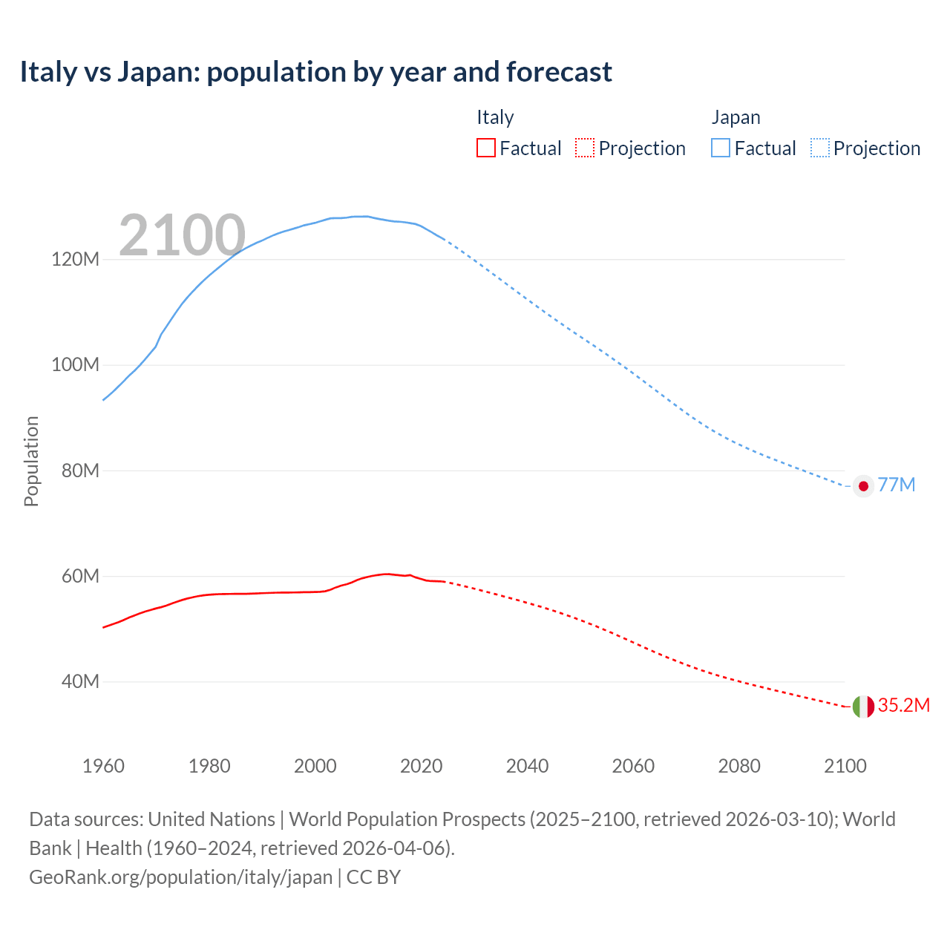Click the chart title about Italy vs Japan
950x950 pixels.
pos(315,72)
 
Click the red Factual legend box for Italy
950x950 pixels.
pos(485,148)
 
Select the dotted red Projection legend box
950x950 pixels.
pos(585,148)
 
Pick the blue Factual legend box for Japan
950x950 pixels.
pos(720,148)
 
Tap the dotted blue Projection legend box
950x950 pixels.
pos(819,148)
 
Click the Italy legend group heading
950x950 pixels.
pos(495,117)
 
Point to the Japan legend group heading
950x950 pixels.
pos(736,117)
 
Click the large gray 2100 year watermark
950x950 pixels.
pos(182,235)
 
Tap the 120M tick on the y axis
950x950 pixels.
pos(75,259)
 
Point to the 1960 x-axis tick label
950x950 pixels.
pos(103,766)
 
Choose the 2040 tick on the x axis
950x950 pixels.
pos(527,766)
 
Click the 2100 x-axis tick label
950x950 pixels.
pos(845,766)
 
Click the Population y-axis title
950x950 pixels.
pos(31,461)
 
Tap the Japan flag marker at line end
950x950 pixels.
pos(862,486)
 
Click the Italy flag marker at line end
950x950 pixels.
pos(862,707)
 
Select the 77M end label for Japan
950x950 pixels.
pos(896,485)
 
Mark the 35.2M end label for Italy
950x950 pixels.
pos(903,705)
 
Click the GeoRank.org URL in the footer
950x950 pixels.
pos(180,877)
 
